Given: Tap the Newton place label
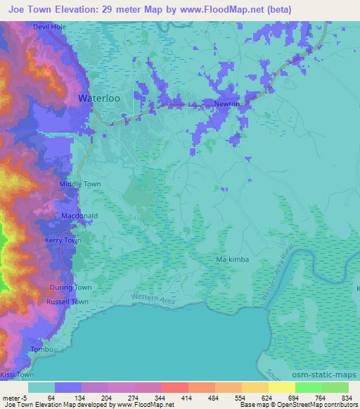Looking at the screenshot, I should point(226,104).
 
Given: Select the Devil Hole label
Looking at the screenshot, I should point(49,27).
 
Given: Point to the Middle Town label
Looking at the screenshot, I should point(80,184).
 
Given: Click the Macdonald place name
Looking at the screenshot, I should point(79,216).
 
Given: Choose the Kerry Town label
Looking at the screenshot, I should point(63,240).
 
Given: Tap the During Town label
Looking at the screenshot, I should point(71,288).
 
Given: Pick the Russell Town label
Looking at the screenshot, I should point(67,301).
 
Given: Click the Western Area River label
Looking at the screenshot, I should point(278,280).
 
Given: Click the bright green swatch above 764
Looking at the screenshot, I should point(308,387).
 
